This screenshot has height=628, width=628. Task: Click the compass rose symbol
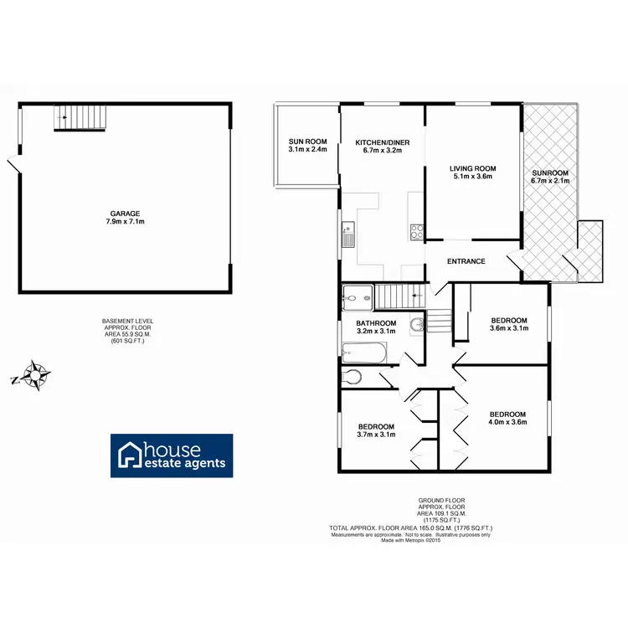34,375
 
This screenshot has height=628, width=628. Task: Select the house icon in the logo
131,455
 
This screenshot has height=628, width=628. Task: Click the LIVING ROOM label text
474,168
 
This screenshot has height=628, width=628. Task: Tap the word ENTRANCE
466,261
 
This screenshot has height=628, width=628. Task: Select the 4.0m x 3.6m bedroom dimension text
507,424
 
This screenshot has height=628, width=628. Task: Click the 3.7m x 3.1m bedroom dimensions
375,435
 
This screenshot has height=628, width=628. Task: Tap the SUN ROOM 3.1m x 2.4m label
307,145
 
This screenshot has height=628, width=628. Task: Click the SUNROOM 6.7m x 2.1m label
550,180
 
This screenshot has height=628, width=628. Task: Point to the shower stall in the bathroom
358,296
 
